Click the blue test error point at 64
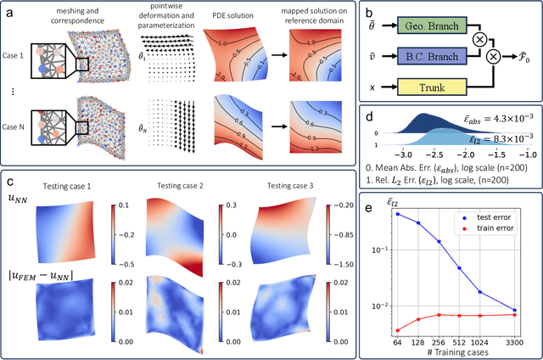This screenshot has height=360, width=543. point(399,214)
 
